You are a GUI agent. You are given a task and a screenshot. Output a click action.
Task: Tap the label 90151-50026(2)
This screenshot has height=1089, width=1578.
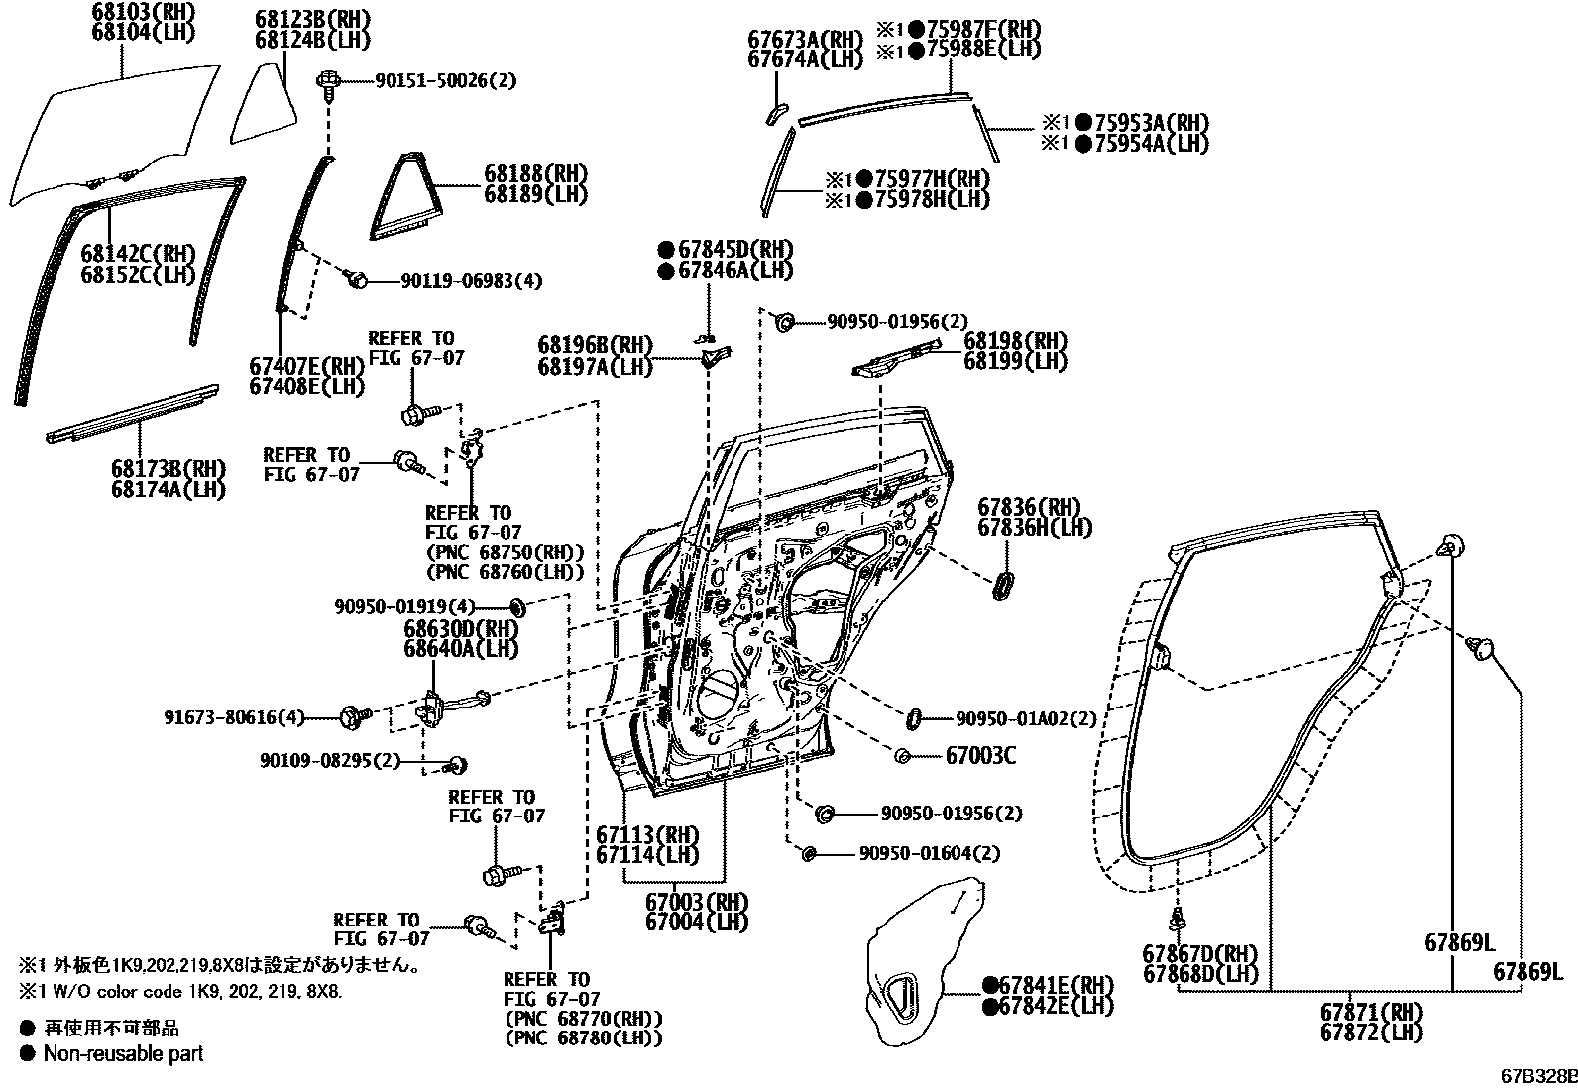tap(445, 80)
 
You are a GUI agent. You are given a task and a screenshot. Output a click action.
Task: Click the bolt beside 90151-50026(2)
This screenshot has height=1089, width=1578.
tap(327, 82)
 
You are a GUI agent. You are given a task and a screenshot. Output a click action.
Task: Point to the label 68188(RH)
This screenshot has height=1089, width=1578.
tap(535, 174)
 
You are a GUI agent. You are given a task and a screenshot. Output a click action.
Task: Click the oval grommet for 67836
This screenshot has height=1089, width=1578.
tap(1003, 584)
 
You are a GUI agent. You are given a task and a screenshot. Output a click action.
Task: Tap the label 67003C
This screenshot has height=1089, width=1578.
tap(980, 756)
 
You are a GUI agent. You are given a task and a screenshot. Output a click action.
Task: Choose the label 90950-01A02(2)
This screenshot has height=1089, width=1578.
tap(1026, 719)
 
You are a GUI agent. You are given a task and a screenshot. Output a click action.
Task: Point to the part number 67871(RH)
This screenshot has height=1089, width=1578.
tap(1371, 1013)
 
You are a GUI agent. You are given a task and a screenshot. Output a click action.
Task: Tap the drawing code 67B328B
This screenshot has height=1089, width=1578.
tap(1536, 1075)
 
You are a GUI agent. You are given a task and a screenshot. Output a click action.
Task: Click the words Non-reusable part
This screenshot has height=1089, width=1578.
tap(123, 1053)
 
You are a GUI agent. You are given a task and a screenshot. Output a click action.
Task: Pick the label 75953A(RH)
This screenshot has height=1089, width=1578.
tap(1151, 123)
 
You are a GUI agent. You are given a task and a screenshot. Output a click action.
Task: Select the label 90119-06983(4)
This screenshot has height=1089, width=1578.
tap(472, 281)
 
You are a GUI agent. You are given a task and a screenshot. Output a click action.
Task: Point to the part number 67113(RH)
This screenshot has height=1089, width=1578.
tap(647, 833)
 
